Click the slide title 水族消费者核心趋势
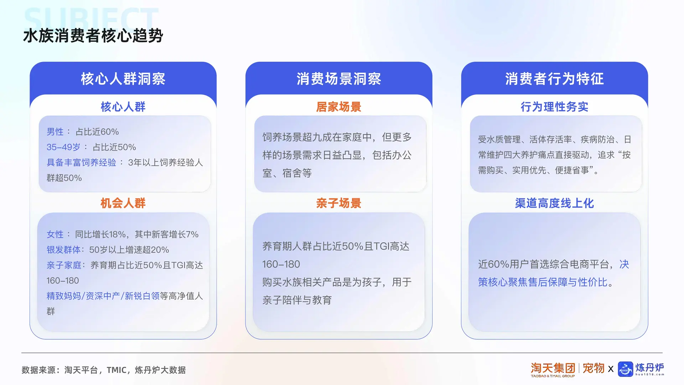tap(93, 36)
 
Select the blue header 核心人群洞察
tap(123, 79)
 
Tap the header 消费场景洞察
tap(339, 79)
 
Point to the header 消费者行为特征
tap(554, 79)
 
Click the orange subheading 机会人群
tap(123, 203)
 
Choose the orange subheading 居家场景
tap(339, 107)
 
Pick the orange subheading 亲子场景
tap(339, 203)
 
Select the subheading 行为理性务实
tap(554, 107)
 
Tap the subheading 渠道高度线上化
tap(554, 203)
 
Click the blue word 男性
tap(55, 132)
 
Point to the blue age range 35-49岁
tap(63, 147)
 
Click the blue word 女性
tap(55, 235)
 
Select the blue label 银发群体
tap(64, 250)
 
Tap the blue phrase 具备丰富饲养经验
tap(82, 163)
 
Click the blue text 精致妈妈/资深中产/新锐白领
tap(103, 296)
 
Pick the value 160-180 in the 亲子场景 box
tap(281, 265)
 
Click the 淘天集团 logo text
tap(553, 368)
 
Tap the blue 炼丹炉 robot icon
tap(625, 369)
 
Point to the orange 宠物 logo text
tap(594, 368)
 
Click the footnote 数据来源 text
tap(104, 370)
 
